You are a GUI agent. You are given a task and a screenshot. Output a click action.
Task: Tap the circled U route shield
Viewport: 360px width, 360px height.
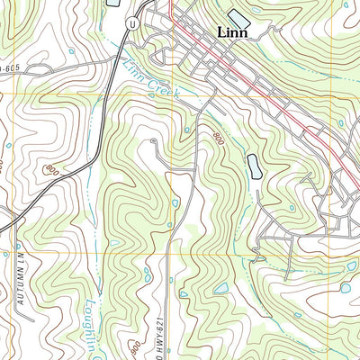click(x=132, y=24)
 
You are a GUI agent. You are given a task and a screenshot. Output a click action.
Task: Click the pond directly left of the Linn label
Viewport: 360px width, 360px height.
click(x=238, y=17)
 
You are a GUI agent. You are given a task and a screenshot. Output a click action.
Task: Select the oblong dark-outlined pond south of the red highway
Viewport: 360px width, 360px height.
click(x=254, y=165)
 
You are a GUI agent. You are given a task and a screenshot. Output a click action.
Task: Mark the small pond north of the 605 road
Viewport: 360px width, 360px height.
click(x=71, y=50)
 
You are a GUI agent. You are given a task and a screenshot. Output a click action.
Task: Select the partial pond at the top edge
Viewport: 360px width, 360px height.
click(x=113, y=4)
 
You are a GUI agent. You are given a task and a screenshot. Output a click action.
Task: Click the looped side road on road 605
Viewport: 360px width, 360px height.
click(x=85, y=66)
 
